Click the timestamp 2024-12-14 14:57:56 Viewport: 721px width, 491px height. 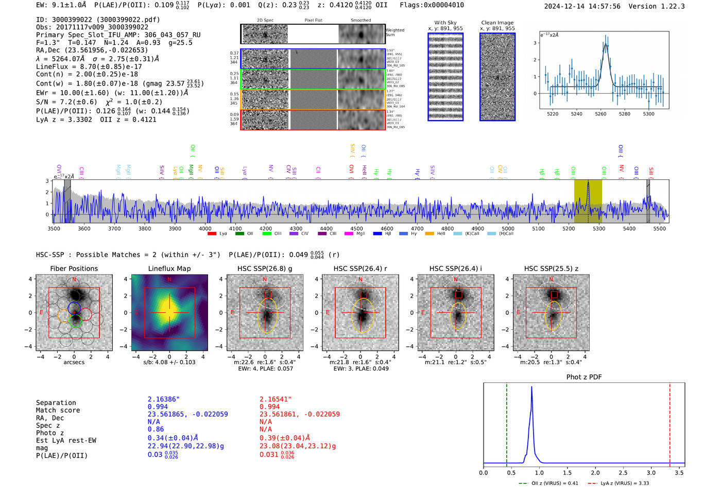point(582,6)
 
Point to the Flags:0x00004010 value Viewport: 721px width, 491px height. point(432,5)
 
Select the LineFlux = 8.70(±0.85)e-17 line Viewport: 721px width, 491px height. point(89,66)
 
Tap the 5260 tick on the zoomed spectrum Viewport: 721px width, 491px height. point(600,114)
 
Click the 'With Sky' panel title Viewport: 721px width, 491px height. point(445,23)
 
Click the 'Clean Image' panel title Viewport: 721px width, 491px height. point(497,23)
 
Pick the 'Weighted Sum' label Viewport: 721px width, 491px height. point(395,32)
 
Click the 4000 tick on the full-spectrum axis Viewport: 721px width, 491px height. point(205,228)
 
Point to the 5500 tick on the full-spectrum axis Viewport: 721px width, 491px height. point(659,228)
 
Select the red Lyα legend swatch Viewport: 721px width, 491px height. point(212,234)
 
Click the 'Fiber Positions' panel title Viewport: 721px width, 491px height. point(74,268)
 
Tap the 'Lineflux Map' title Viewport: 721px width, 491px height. point(169,268)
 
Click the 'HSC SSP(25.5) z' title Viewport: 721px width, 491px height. point(551,268)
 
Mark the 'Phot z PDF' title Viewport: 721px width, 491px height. point(584,377)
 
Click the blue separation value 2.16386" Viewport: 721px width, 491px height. point(164,399)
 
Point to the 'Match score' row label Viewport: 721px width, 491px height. point(58,411)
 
